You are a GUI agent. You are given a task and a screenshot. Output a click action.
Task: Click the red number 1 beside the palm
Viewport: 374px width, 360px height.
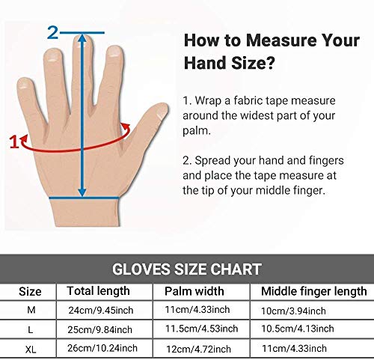12,139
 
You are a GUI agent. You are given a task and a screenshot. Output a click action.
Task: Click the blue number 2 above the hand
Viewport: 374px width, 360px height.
53,31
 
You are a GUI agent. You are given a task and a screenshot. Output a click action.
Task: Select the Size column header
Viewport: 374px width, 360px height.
31,291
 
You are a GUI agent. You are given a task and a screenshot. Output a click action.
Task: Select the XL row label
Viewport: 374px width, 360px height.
31,348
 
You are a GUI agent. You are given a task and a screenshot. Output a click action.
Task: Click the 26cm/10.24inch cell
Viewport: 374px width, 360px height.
102,348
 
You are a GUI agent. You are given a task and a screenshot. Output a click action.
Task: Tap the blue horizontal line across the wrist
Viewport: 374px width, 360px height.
82,198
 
